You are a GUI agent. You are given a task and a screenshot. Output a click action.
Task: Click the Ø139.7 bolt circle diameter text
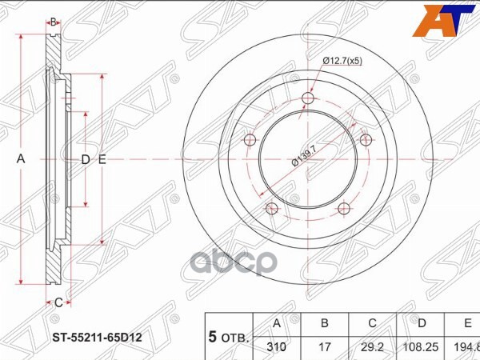[x=306, y=152]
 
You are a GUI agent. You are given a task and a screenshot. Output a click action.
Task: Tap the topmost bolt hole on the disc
[x=309, y=99]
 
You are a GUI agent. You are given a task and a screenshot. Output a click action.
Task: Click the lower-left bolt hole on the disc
[x=272, y=210]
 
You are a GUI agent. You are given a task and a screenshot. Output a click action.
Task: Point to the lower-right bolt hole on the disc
[x=345, y=210]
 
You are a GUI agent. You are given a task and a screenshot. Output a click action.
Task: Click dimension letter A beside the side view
[x=22, y=159]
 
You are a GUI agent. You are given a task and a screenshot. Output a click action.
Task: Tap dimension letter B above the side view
[x=53, y=22]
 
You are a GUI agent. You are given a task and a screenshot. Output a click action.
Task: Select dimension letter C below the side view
[x=58, y=302]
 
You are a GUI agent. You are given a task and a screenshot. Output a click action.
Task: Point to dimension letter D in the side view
[x=85, y=159]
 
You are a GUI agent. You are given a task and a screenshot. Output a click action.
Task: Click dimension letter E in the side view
[x=102, y=159]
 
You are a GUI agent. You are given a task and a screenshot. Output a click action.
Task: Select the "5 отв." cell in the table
[x=229, y=336]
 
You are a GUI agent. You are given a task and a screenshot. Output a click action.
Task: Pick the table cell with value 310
[x=277, y=347]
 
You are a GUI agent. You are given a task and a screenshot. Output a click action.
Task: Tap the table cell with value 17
[x=324, y=347]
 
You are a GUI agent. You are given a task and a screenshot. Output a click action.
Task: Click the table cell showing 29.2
[x=371, y=347]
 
